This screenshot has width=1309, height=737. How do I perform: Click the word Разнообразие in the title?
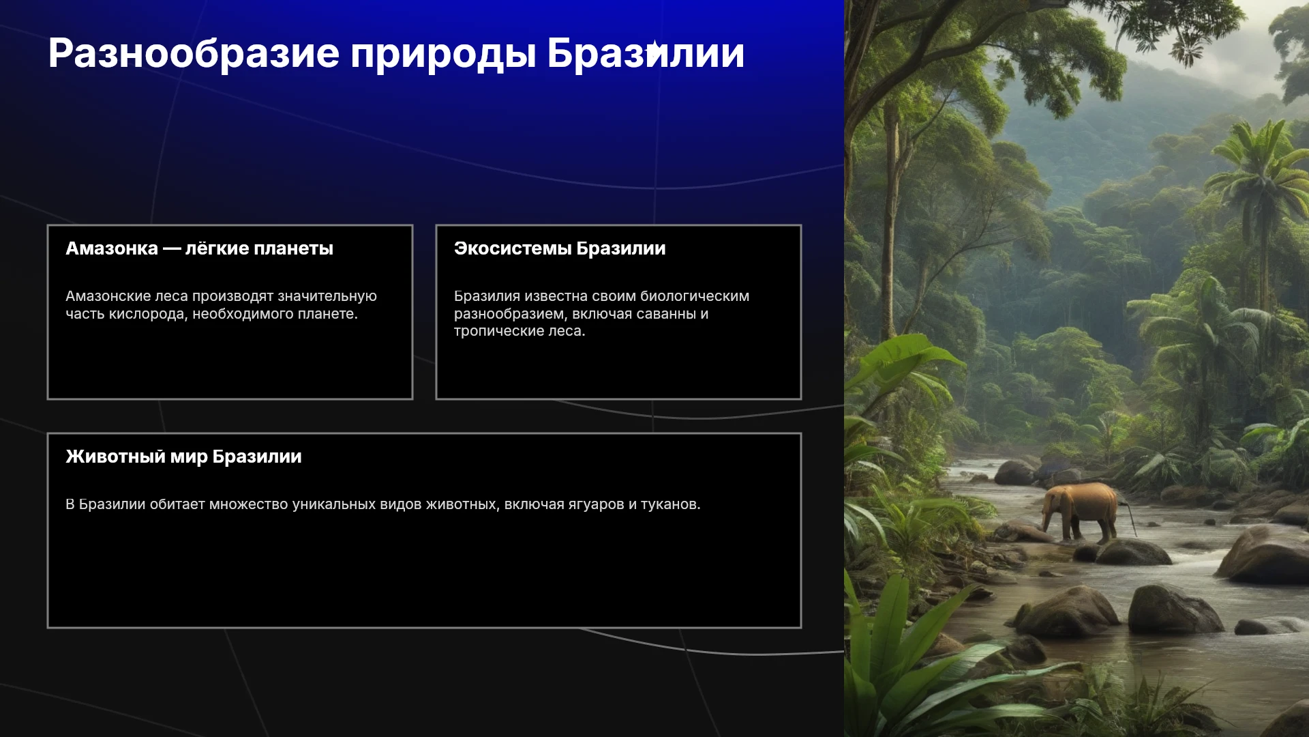pos(194,54)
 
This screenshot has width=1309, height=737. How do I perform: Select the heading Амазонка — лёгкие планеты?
pos(199,248)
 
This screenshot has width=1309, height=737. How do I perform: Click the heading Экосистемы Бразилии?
pos(560,248)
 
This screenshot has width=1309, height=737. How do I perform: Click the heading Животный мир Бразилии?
pos(183,457)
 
